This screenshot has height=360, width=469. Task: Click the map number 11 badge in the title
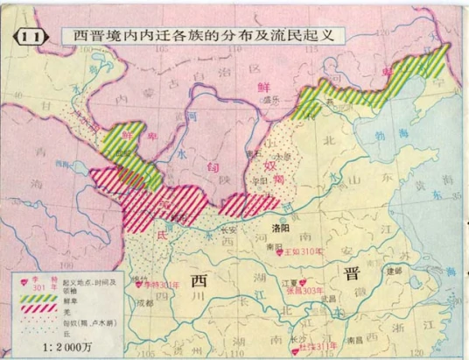[28, 37]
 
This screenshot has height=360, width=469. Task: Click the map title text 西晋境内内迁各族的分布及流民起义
[202, 37]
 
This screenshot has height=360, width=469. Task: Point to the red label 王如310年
[304, 252]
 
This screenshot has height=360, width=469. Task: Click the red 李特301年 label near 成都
[160, 286]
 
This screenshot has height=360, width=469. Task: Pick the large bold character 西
[199, 280]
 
